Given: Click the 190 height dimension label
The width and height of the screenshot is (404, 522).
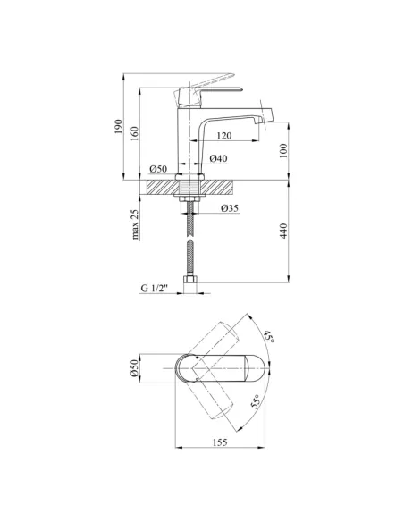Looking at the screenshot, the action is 119,127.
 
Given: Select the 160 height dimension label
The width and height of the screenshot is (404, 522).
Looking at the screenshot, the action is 134,133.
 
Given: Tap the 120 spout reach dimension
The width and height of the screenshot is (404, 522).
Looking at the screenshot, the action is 224,136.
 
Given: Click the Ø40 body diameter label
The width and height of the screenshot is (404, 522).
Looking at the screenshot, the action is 219,158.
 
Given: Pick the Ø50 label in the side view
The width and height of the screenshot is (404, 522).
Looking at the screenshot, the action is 158,169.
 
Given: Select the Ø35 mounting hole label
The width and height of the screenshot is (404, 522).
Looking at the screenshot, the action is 230,208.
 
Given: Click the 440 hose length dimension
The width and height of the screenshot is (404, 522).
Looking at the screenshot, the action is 283,231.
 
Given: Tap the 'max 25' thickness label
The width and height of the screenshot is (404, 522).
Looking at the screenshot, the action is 134,224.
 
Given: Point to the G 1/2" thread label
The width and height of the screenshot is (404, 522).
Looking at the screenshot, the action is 155,289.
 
